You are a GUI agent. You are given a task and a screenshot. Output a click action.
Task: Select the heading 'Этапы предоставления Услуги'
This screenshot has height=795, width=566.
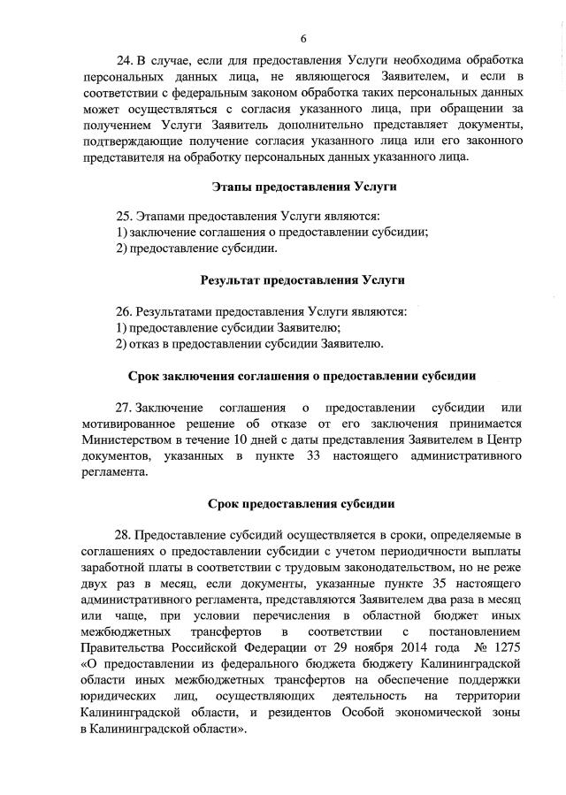coord(304,187)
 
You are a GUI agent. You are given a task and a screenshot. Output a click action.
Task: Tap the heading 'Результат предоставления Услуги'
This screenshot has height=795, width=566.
coord(302,280)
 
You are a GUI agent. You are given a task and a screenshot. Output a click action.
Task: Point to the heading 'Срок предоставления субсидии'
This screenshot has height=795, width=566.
coord(302,504)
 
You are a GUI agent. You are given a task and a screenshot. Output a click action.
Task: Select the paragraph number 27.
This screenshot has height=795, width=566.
coord(124,408)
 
